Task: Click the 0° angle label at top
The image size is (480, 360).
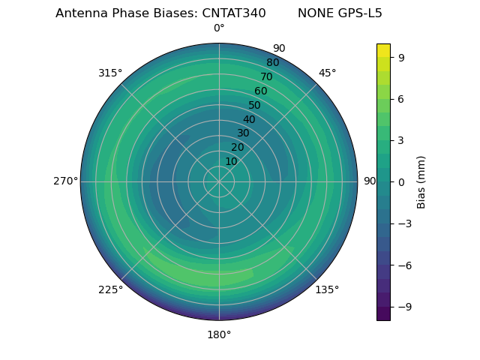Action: [219, 28]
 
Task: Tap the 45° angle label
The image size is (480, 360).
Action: [327, 73]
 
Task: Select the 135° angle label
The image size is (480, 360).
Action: [327, 289]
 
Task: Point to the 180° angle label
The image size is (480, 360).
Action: [219, 334]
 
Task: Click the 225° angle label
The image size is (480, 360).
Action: [110, 290]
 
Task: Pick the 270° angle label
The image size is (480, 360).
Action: [65, 181]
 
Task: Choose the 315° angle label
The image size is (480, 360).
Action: [110, 73]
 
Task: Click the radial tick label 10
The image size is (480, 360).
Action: [231, 161]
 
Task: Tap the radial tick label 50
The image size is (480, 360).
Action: [254, 106]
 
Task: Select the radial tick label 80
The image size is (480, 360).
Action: [272, 63]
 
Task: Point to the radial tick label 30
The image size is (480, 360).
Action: [243, 133]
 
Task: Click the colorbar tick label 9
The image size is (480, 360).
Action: [400, 57]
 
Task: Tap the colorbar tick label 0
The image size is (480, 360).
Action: [400, 181]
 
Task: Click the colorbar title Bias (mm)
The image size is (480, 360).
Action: [421, 181]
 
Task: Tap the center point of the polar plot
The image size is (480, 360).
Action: [219, 181]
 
